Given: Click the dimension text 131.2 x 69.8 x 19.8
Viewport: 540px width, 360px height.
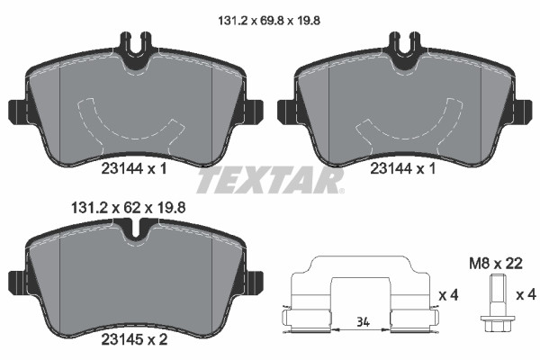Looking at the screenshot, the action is (x=269, y=21).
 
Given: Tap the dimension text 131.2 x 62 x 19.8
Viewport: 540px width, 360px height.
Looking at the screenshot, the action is (x=128, y=208).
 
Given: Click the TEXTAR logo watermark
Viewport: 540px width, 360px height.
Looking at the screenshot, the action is (x=270, y=180).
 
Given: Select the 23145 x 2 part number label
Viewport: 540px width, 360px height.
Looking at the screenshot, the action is (x=134, y=339).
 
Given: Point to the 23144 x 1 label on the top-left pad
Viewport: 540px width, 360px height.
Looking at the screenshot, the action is (x=134, y=169).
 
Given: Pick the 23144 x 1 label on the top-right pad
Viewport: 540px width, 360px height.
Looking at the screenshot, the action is (x=403, y=169).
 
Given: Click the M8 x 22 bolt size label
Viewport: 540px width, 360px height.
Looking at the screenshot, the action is (x=496, y=264).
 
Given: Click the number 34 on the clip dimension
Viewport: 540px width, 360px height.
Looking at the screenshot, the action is (x=363, y=322).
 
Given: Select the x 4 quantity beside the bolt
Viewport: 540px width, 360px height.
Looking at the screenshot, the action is (x=526, y=295).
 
